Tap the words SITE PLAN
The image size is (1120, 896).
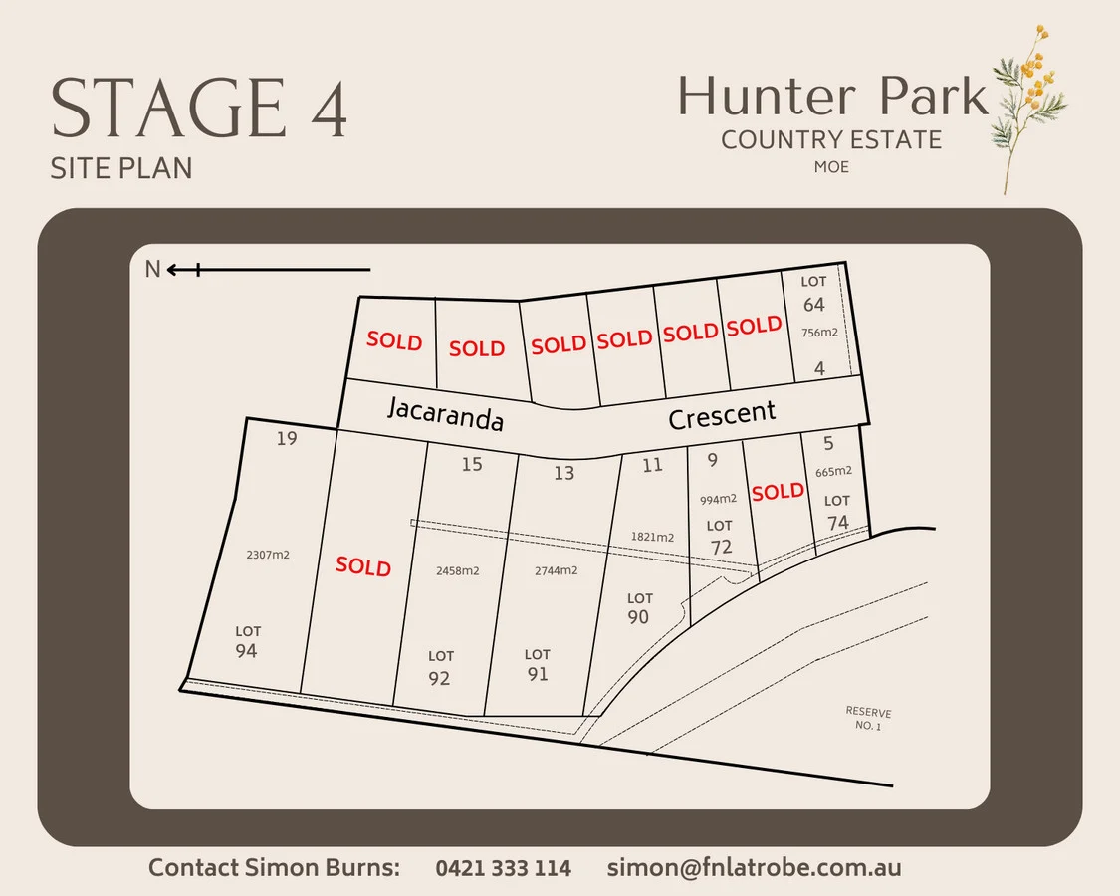tap(120, 168)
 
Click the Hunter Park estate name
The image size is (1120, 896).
tap(832, 98)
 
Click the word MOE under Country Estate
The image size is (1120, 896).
tap(831, 167)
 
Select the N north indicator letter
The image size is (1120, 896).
tap(152, 269)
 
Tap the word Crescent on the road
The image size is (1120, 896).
tap(722, 413)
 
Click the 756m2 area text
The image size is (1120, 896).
tap(820, 335)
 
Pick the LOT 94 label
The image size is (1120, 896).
tap(247, 642)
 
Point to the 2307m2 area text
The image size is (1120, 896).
tap(267, 555)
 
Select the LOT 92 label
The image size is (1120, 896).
tap(440, 668)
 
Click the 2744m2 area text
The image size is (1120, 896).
tap(556, 570)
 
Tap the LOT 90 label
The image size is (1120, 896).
tap(639, 609)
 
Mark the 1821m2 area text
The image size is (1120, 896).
tap(652, 537)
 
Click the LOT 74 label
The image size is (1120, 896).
tap(837, 513)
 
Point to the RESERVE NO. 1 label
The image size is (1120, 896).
tap(868, 719)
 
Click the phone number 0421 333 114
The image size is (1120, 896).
tap(503, 868)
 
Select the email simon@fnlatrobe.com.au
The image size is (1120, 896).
tap(754, 867)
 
